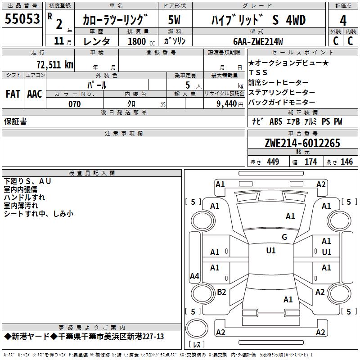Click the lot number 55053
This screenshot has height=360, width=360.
coord(22,19)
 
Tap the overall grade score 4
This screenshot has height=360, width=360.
coord(343,20)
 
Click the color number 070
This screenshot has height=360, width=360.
coord(74,104)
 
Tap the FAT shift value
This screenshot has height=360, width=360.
coord(13,94)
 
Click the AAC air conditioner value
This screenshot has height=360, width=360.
coord(35,94)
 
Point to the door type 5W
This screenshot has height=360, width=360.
coord(175,20)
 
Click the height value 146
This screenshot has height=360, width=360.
coord(346,162)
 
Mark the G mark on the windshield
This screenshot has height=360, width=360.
coord(284,237)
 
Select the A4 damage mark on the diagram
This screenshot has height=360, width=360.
coord(194,276)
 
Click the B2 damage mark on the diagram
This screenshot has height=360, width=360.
coord(221,292)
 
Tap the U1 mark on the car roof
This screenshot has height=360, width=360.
coord(270,251)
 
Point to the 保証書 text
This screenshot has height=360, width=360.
coord(15,121)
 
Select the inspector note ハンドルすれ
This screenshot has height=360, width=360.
coord(24,197)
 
